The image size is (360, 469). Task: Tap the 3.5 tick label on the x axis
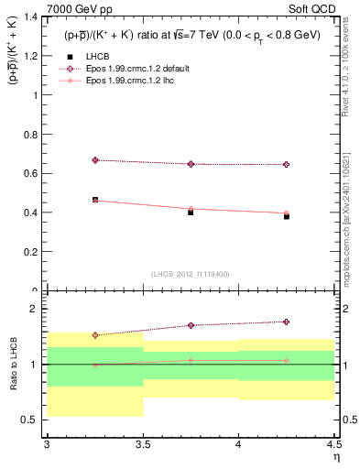pyautogui.click(x=143, y=444)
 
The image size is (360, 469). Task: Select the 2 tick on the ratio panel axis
pyautogui.click(x=38, y=309)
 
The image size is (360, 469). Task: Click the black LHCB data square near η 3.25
pyautogui.click(x=95, y=200)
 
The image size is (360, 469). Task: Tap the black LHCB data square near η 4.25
pyautogui.click(x=287, y=216)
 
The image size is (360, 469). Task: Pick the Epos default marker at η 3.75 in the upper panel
pyautogui.click(x=191, y=164)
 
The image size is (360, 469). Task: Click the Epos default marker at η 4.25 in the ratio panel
pyautogui.click(x=287, y=322)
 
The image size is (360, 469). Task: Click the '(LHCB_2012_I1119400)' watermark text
pyautogui.click(x=191, y=274)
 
